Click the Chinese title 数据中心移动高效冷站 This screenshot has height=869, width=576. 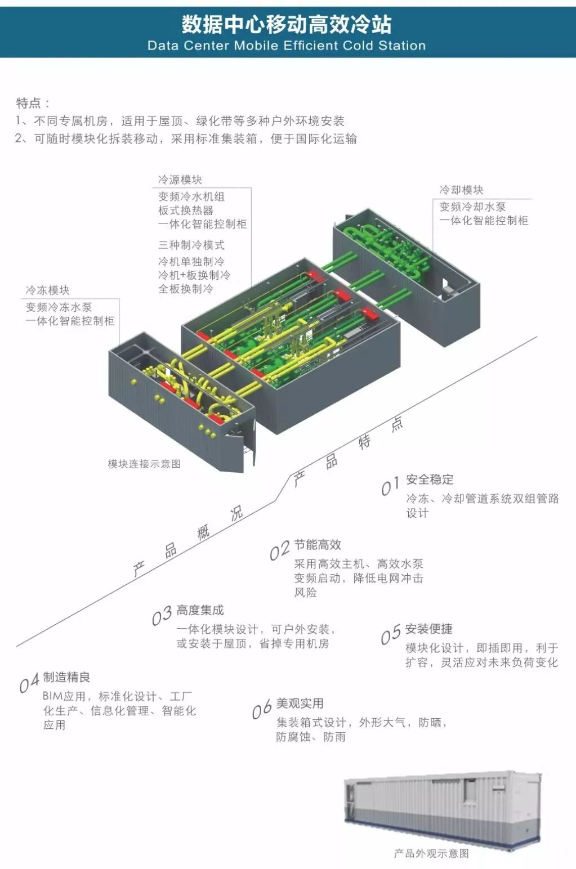287,24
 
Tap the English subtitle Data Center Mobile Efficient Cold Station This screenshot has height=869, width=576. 287,46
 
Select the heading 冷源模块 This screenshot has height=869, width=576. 180,180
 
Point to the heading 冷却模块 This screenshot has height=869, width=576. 461,190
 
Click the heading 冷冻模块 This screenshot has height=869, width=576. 47,290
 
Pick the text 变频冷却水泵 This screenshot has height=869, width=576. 472,207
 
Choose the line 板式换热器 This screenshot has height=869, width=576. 185,210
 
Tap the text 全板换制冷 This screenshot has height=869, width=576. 185,289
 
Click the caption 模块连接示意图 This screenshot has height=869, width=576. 144,464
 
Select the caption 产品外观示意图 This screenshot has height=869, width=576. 431,853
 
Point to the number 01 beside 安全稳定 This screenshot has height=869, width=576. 390,486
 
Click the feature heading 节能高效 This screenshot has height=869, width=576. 318,545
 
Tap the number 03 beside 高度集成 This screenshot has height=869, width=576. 162,616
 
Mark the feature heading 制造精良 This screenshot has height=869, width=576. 66,677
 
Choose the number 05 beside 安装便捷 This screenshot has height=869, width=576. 391,635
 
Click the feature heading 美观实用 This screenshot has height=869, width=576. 300,704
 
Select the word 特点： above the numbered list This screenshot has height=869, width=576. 33,103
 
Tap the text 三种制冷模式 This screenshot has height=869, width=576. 191,245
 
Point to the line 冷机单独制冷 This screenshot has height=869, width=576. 191,262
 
